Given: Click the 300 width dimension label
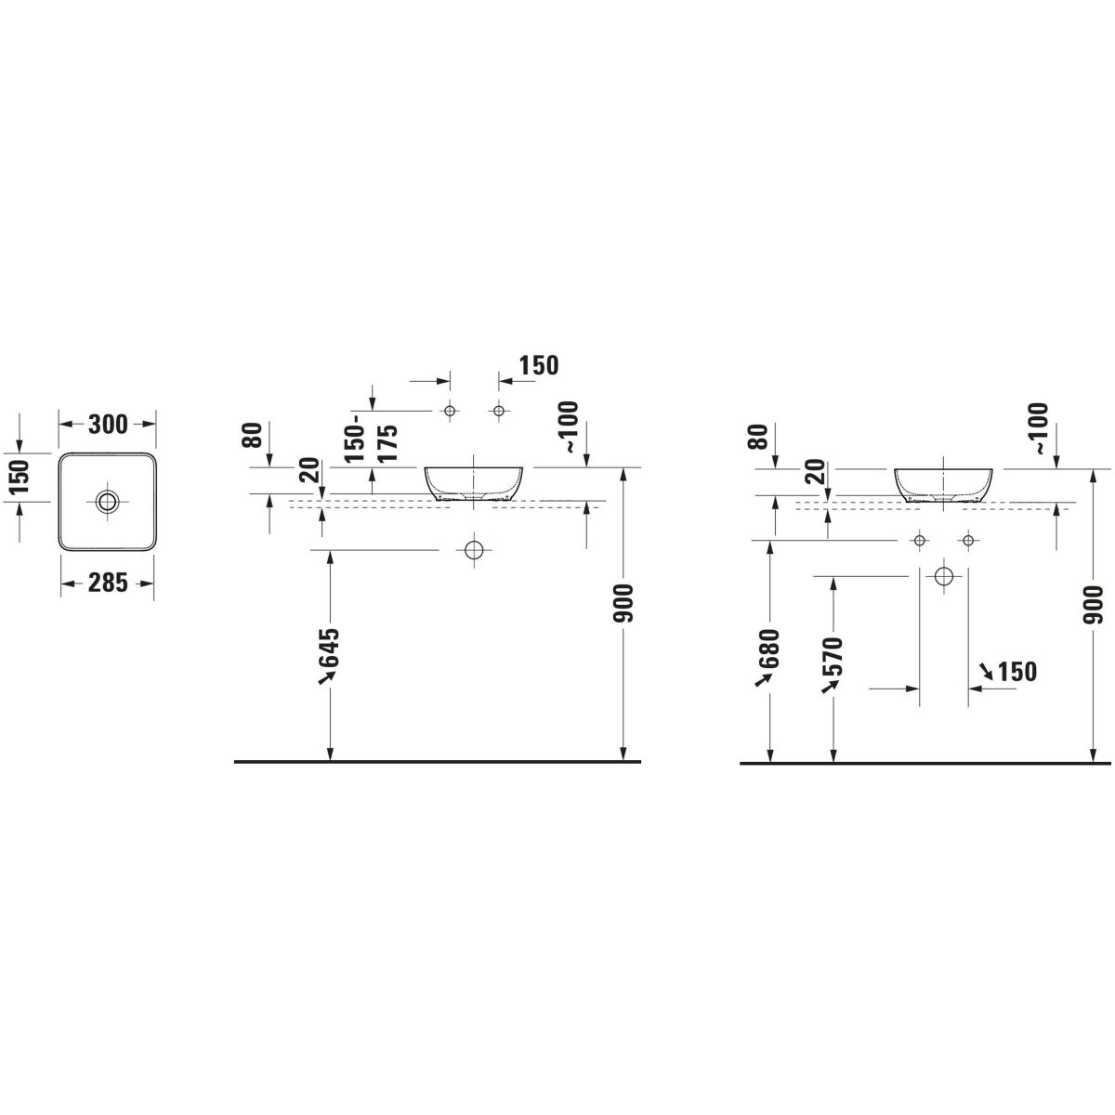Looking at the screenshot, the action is tap(108, 425).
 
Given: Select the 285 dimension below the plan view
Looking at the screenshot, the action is tap(108, 583).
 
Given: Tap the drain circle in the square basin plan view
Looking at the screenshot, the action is tap(108, 501).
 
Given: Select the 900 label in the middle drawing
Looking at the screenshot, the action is tap(623, 604).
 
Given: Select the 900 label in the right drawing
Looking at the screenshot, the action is tap(1093, 605).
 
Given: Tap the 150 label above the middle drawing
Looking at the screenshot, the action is tap(539, 366).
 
